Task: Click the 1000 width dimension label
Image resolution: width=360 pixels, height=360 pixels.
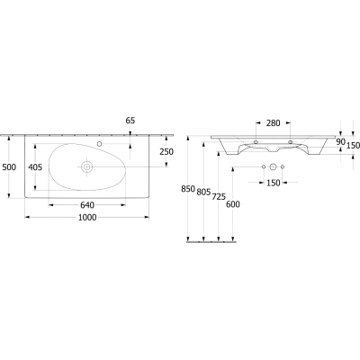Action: coord(87,217)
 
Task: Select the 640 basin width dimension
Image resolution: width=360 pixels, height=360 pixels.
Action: coord(87,205)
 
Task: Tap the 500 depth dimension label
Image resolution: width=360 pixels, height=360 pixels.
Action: coord(9,166)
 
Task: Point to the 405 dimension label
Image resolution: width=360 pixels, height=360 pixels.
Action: coord(35,166)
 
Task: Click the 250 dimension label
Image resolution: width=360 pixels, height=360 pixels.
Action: coord(166,152)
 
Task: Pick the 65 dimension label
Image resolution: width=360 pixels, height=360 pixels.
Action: coord(130,121)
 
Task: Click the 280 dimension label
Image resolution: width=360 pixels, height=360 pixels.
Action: coord(274,123)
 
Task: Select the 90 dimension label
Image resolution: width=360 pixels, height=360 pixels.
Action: coord(340,142)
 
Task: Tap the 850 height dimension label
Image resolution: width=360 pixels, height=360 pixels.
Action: coord(188,189)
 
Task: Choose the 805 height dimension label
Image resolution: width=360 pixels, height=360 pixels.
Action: coord(203,193)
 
